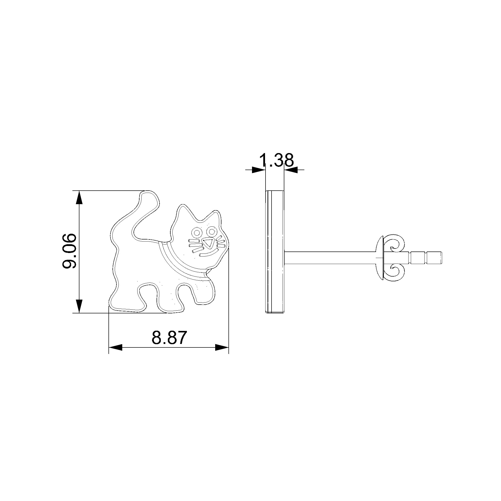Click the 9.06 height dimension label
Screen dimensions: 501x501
tap(69, 251)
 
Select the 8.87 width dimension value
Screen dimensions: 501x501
tap(169, 337)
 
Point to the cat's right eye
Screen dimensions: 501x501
tap(212, 230)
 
